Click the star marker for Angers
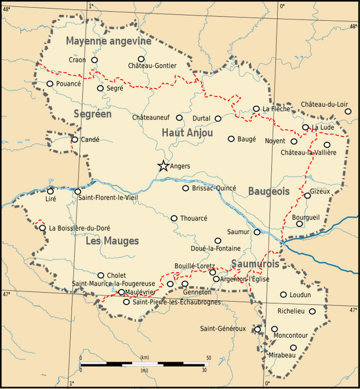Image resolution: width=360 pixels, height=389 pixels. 163,166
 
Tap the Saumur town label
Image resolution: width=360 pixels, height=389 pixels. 237,232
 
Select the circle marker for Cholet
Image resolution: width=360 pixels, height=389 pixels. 101,275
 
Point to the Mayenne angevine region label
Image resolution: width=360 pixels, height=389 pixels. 108,41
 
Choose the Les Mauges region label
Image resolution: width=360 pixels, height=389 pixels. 112,241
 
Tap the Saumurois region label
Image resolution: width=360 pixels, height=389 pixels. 254,264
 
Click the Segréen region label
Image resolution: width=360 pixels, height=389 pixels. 93,114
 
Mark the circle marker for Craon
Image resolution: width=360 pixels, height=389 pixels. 95,60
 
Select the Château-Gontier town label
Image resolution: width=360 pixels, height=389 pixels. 152,66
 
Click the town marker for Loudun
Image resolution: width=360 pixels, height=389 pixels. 283,294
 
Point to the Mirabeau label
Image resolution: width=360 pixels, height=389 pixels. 280,356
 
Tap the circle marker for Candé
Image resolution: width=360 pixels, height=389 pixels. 75,139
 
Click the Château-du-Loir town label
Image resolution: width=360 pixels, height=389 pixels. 324,105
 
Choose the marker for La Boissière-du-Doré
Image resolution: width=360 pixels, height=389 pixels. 43,228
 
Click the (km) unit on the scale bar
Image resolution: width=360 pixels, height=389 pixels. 145,358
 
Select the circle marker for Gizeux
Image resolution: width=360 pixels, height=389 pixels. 307,195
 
